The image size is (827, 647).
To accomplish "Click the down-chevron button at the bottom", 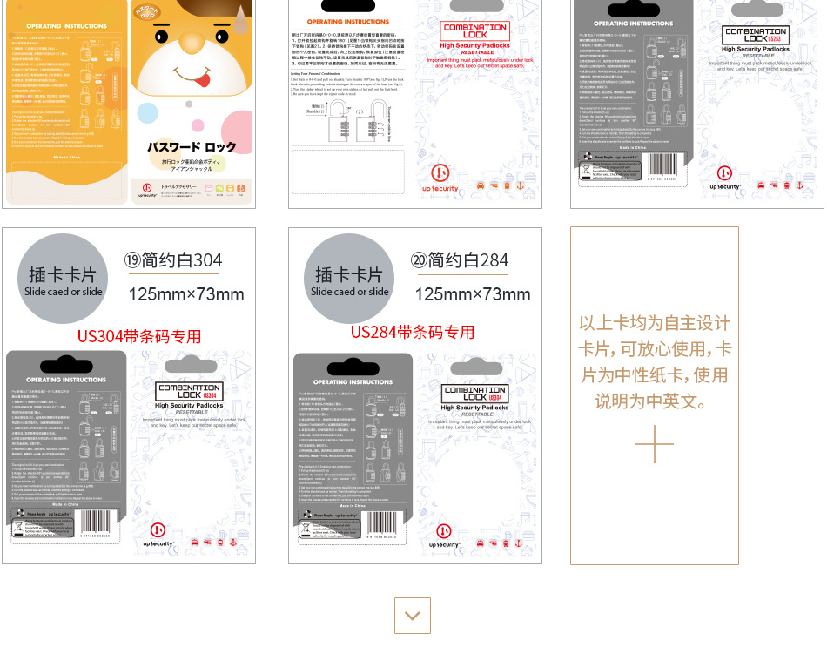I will pyautogui.click(x=413, y=616).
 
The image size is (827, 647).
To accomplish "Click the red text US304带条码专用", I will pyautogui.click(x=139, y=336).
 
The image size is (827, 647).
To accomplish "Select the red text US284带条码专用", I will pyautogui.click(x=413, y=332).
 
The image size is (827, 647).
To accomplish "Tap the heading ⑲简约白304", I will pyautogui.click(x=173, y=259).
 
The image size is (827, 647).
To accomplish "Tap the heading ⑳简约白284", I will pyautogui.click(x=460, y=259).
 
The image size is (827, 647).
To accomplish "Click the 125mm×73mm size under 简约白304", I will pyautogui.click(x=186, y=294).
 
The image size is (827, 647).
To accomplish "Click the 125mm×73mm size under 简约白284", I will pyautogui.click(x=473, y=294).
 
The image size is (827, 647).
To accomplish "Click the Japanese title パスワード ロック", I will pyautogui.click(x=191, y=147).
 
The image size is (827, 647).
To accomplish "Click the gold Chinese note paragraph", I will pyautogui.click(x=655, y=362).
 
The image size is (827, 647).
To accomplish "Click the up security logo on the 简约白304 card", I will pyautogui.click(x=158, y=534).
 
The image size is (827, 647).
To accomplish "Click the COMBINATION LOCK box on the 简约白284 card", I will pyautogui.click(x=474, y=393).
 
